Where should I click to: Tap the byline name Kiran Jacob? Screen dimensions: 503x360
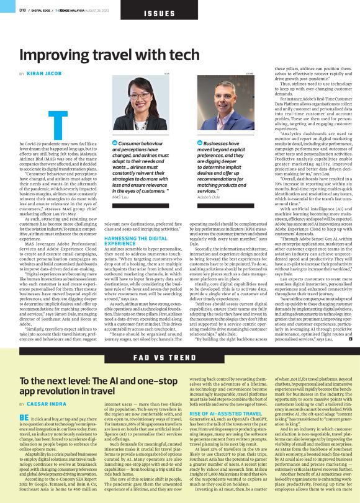(44, 74)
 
